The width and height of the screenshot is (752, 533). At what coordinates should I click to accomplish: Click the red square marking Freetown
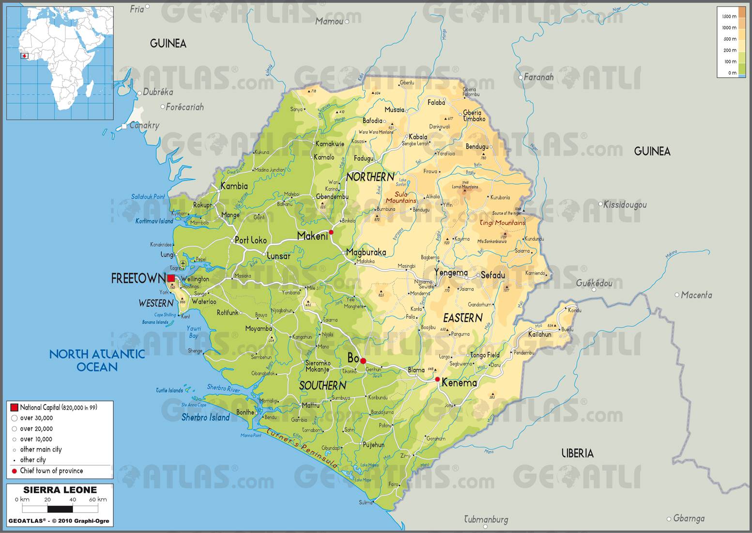(171, 278)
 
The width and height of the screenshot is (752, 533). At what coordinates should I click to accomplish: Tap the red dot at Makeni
(331, 232)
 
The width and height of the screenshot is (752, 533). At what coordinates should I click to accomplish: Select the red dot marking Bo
(363, 361)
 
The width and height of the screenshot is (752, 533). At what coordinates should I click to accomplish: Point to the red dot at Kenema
(437, 379)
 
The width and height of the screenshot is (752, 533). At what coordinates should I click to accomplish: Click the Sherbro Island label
(205, 418)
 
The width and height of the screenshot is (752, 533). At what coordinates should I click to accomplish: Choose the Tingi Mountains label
(502, 223)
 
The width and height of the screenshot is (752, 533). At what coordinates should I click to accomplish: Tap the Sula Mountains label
(401, 197)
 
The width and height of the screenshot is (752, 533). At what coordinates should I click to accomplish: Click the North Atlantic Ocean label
(97, 361)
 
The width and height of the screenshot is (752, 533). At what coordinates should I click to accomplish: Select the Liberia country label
(577, 454)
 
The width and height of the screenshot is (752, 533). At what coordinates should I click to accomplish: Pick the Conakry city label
(144, 125)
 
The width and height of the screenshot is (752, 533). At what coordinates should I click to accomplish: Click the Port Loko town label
(250, 240)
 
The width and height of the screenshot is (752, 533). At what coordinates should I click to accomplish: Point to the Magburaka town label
(366, 252)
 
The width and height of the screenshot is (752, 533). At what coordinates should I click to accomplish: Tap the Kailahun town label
(539, 334)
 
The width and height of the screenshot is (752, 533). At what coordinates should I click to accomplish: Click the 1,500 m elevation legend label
(729, 16)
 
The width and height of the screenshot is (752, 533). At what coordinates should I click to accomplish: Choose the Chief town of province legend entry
(51, 471)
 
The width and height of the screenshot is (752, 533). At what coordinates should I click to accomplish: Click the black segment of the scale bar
(60, 509)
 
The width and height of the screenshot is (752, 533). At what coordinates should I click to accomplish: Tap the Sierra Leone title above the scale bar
(60, 490)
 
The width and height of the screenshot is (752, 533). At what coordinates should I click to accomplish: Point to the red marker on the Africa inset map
(25, 56)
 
